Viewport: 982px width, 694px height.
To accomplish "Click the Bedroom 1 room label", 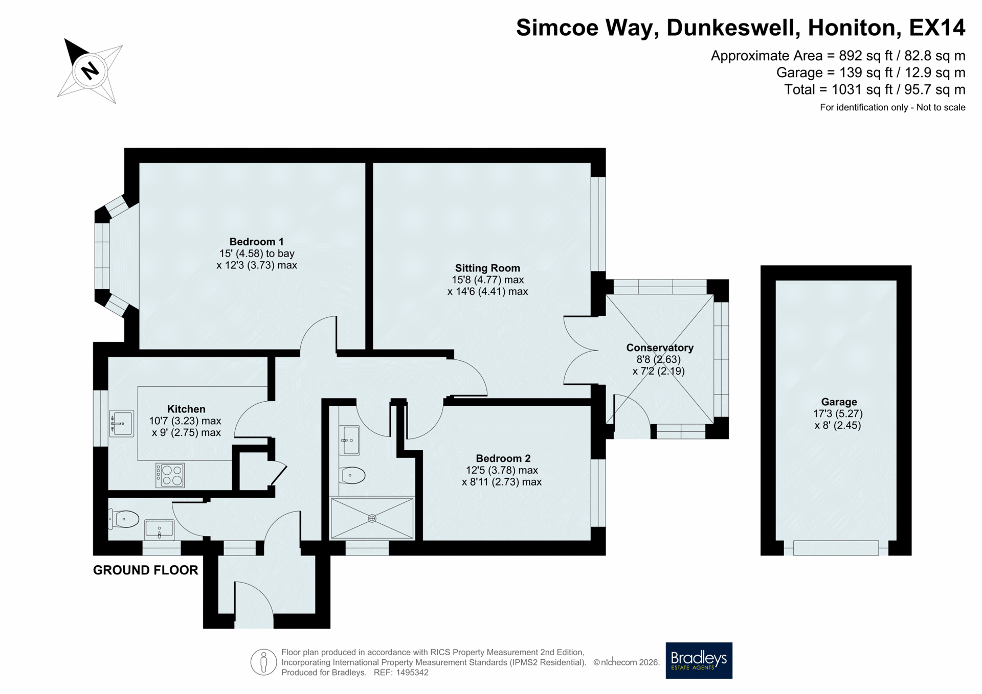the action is click(256, 242).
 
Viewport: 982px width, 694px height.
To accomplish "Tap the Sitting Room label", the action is click(487, 268).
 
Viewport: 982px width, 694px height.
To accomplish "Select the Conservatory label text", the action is click(660, 348).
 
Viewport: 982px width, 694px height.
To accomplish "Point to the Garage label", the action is click(839, 402).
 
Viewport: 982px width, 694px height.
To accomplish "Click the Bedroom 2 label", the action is click(503, 458).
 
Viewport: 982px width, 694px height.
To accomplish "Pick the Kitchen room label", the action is click(186, 409).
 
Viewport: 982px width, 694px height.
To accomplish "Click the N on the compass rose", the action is click(90, 70).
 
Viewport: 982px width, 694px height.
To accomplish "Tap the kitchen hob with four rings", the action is click(170, 475).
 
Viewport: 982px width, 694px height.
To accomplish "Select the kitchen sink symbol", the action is click(121, 423).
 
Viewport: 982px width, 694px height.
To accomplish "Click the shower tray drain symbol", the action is click(372, 518).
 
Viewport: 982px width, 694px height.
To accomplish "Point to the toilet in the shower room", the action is click(352, 475).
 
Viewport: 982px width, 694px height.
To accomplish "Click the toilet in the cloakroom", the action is click(124, 519).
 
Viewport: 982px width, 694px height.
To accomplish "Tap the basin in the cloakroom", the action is click(160, 529).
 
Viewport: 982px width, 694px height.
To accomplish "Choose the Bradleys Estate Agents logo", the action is click(699, 660).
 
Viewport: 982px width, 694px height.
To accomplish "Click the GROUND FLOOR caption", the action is click(145, 570).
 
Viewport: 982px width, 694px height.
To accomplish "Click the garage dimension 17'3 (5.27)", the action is click(838, 414).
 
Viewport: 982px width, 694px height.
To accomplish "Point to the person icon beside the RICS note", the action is click(263, 662).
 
